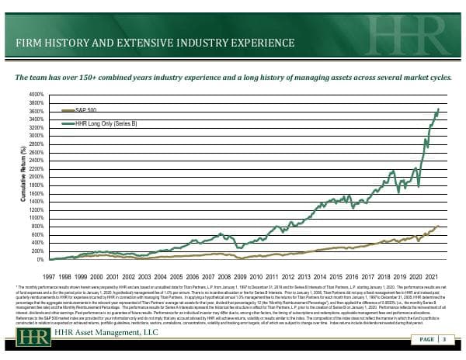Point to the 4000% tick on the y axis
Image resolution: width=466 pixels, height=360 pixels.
click(x=37, y=95)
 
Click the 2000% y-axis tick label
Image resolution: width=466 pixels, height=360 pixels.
click(x=37, y=178)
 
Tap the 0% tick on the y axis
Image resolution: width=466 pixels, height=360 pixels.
click(x=40, y=260)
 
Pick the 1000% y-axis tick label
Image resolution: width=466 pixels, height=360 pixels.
click(x=37, y=219)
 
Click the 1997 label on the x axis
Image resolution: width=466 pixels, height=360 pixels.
click(x=48, y=275)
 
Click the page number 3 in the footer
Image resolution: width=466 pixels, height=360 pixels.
click(x=443, y=339)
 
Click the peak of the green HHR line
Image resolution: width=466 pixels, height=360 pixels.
click(x=438, y=109)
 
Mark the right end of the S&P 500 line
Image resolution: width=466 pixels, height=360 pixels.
click(x=438, y=226)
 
